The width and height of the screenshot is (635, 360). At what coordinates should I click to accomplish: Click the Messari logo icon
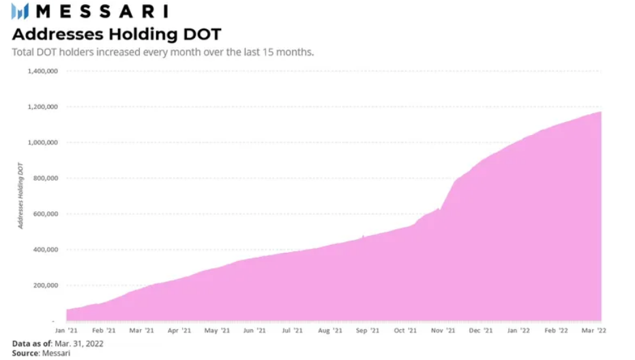click(20, 12)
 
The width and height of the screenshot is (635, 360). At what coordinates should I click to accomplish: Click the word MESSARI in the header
click(100, 12)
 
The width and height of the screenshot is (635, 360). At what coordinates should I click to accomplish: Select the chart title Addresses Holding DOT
click(117, 33)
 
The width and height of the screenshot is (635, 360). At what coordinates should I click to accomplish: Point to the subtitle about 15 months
click(163, 52)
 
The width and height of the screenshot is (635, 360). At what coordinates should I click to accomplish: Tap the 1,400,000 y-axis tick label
click(43, 71)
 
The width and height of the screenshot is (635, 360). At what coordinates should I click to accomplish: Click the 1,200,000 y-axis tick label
click(43, 107)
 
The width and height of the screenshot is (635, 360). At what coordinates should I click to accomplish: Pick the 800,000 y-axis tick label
click(45, 179)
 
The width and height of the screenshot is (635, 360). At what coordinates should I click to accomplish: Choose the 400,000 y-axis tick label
click(45, 250)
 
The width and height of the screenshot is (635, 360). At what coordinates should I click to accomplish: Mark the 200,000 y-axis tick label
click(45, 286)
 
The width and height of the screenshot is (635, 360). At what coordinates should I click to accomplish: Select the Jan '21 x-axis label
click(67, 331)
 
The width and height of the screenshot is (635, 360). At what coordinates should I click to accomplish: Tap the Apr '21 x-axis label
click(179, 331)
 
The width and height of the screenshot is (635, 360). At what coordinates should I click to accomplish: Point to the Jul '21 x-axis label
click(292, 331)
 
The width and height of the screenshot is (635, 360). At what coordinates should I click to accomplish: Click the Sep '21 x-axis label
click(367, 331)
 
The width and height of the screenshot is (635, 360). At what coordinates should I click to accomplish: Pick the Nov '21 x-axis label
click(442, 331)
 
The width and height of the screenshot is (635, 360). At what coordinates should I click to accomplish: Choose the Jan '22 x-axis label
click(518, 331)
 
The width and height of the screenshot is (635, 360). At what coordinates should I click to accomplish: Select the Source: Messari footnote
click(41, 353)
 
